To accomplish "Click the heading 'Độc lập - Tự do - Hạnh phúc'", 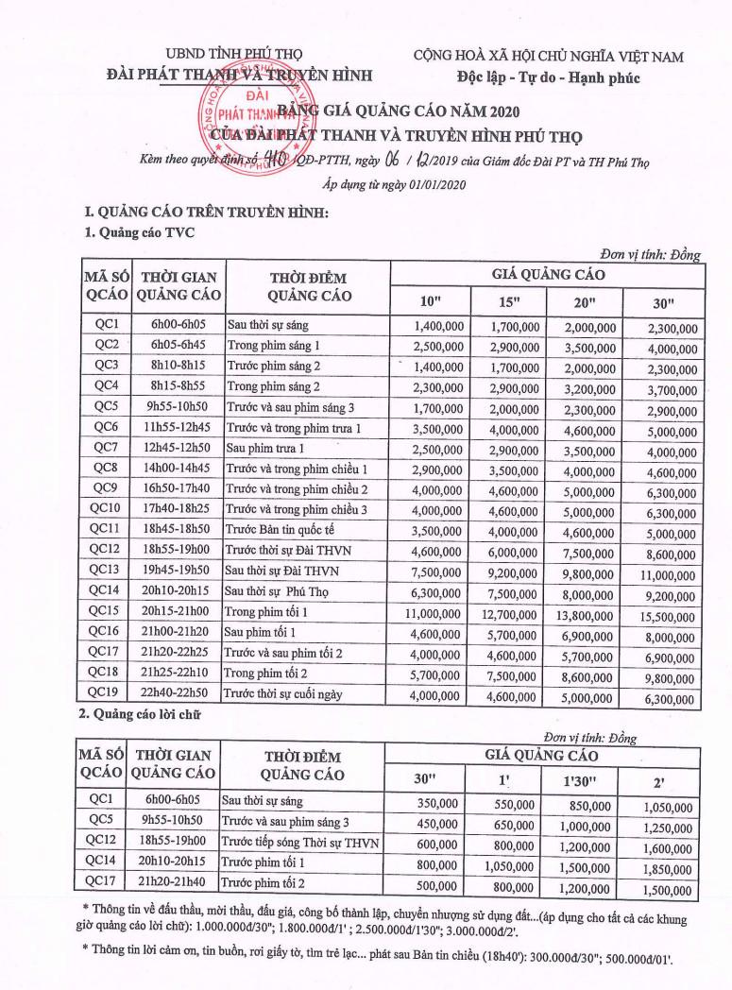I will [x=546, y=77].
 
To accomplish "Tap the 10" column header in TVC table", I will [x=431, y=301].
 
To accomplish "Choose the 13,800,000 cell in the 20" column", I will [x=586, y=612].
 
